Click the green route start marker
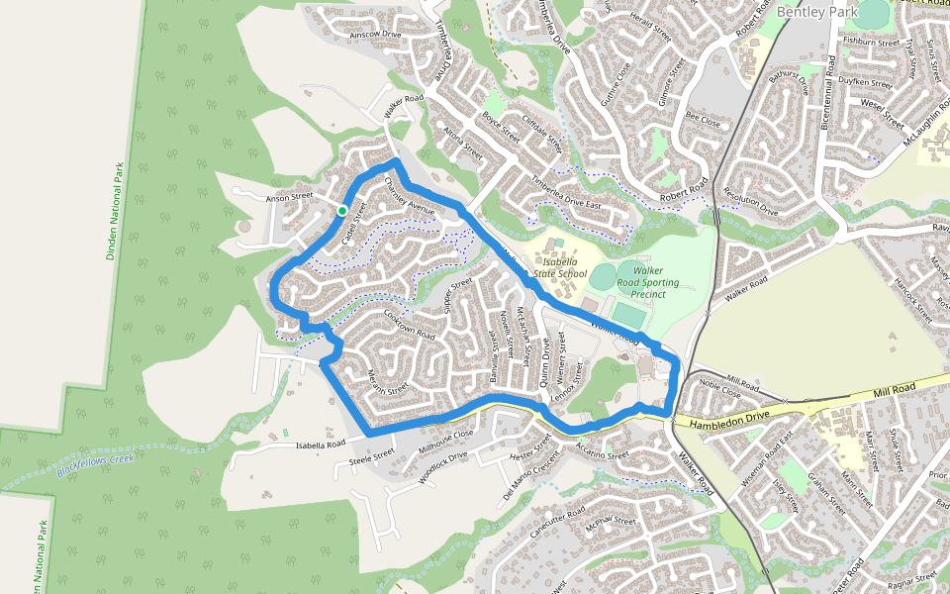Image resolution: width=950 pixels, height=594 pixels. (x=342, y=210)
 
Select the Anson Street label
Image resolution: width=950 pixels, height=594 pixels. (x=289, y=198)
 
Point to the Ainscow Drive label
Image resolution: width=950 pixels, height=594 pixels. (x=376, y=35)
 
